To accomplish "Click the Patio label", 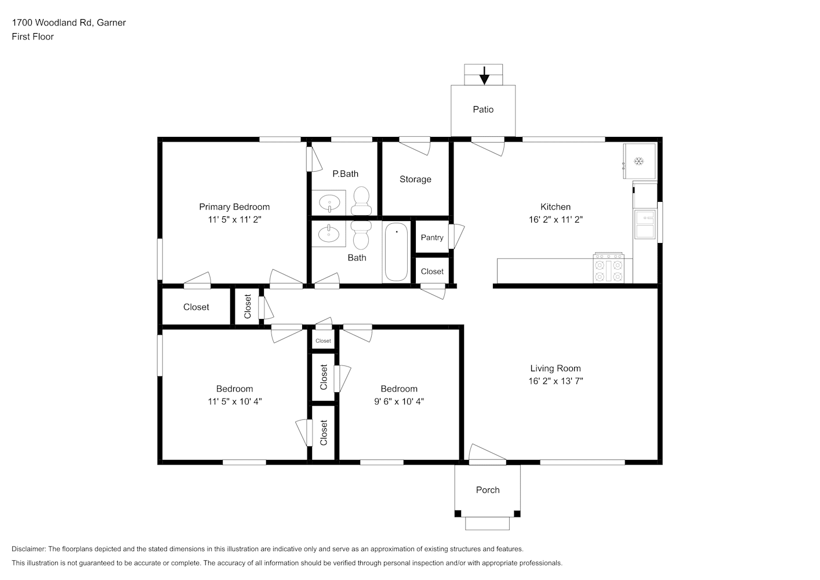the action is click(x=483, y=110).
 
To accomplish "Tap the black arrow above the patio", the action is click(x=484, y=76).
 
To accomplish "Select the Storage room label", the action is click(x=415, y=179).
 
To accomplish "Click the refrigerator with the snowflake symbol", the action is click(x=640, y=161).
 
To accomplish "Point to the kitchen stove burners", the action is click(x=608, y=267).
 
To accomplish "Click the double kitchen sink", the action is click(x=645, y=224).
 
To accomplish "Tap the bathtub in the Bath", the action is click(x=396, y=252).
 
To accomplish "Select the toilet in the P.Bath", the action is click(x=361, y=201).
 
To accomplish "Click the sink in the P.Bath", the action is click(x=329, y=203).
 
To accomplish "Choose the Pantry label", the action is click(x=432, y=238).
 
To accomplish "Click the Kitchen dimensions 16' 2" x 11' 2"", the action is click(x=556, y=220).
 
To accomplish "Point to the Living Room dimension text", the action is click(x=556, y=381).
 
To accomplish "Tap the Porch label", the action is click(x=488, y=490).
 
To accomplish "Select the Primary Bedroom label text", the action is click(x=234, y=207).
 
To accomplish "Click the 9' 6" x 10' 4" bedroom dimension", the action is click(x=398, y=402).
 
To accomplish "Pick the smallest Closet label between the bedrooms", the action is click(x=323, y=341).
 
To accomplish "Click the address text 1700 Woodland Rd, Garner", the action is click(x=69, y=23).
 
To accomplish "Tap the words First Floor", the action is click(x=32, y=37).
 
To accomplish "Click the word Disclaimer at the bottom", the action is click(x=29, y=549).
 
